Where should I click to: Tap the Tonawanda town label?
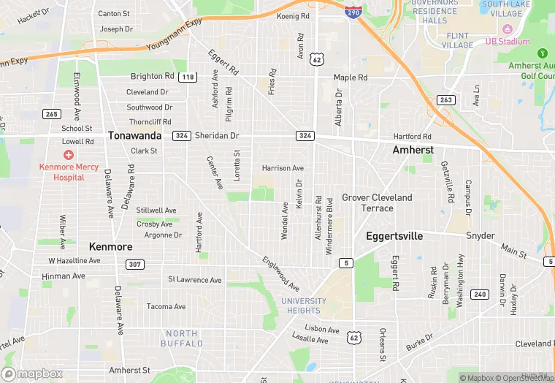(134, 135)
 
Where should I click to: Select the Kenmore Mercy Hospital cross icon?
(68, 155)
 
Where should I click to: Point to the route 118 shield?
(188, 77)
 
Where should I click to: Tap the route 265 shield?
(51, 113)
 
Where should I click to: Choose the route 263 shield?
(445, 99)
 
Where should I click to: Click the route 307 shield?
(134, 265)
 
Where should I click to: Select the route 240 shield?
(479, 294)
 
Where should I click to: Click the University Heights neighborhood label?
(304, 306)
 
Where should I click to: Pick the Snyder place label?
(481, 235)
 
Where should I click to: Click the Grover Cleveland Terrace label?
(377, 202)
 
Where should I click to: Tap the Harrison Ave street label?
(283, 168)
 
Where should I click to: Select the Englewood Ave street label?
(281, 273)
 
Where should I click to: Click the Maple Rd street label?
(351, 77)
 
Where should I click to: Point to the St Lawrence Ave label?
(194, 280)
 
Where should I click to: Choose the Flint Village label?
(458, 40)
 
